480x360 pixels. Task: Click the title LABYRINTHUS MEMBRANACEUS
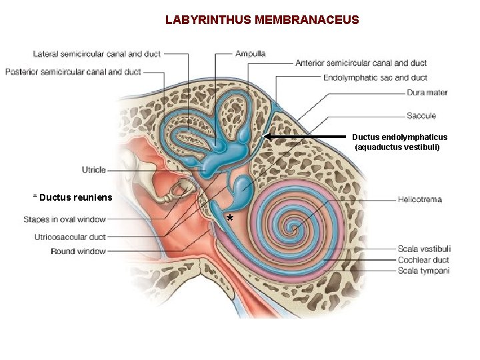click(x=262, y=20)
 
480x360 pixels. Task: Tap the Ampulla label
click(x=250, y=53)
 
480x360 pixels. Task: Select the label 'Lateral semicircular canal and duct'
click(x=97, y=54)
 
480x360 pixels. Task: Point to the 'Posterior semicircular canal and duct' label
click(x=73, y=71)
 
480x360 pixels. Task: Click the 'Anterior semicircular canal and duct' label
click(x=361, y=63)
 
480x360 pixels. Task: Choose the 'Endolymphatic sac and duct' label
click(x=375, y=78)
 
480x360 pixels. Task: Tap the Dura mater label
click(x=427, y=93)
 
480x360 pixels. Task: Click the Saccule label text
click(x=421, y=116)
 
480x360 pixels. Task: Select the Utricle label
click(x=94, y=169)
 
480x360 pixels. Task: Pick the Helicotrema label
click(x=419, y=199)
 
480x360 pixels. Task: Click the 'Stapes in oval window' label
click(x=65, y=219)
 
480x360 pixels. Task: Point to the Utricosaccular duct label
click(x=70, y=237)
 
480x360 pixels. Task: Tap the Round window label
click(x=78, y=251)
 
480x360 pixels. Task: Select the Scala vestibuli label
click(x=424, y=249)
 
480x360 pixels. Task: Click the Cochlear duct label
click(x=423, y=260)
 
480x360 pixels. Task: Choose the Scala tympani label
click(x=423, y=271)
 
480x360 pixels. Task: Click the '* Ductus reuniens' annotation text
click(x=73, y=197)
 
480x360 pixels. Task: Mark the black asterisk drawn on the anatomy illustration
click(x=229, y=219)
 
